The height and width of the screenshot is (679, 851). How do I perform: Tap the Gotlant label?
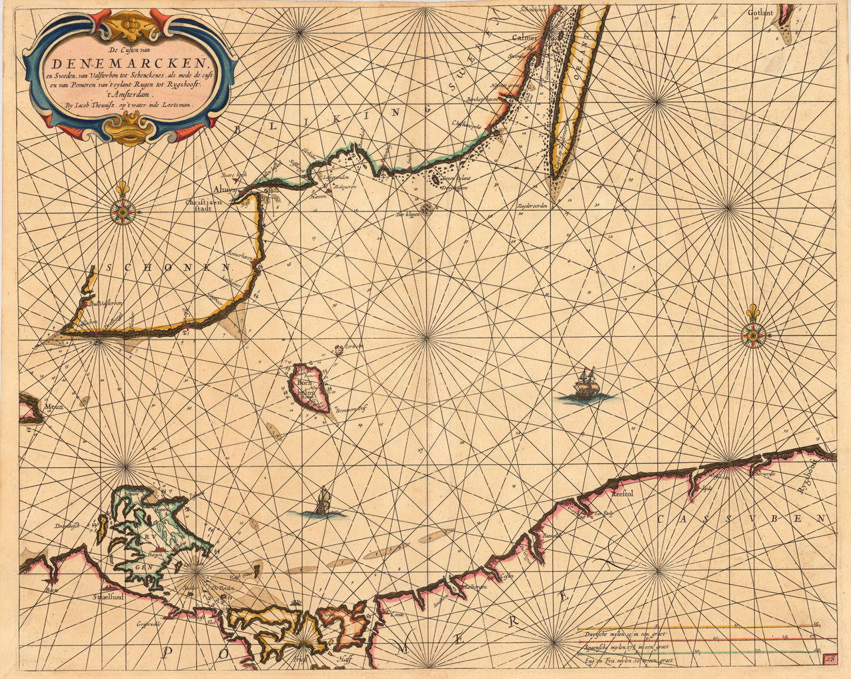point(760,12)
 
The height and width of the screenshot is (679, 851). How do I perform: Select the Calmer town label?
point(525,38)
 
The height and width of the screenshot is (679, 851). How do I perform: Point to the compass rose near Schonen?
point(123,212)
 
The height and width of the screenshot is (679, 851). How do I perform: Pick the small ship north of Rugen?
point(323,504)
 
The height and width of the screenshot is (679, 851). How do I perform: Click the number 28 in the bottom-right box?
point(830,660)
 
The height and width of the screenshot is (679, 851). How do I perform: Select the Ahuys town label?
point(224,189)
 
